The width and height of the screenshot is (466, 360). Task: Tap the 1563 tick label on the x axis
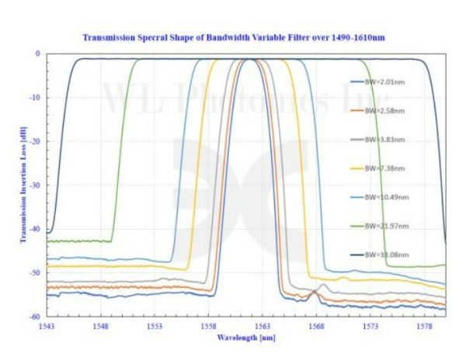pos(262,326)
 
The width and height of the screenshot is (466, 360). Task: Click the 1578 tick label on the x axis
pos(424,326)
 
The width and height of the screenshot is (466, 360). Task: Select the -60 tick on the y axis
pos(35,317)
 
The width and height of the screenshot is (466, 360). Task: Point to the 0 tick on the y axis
pos(38,54)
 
